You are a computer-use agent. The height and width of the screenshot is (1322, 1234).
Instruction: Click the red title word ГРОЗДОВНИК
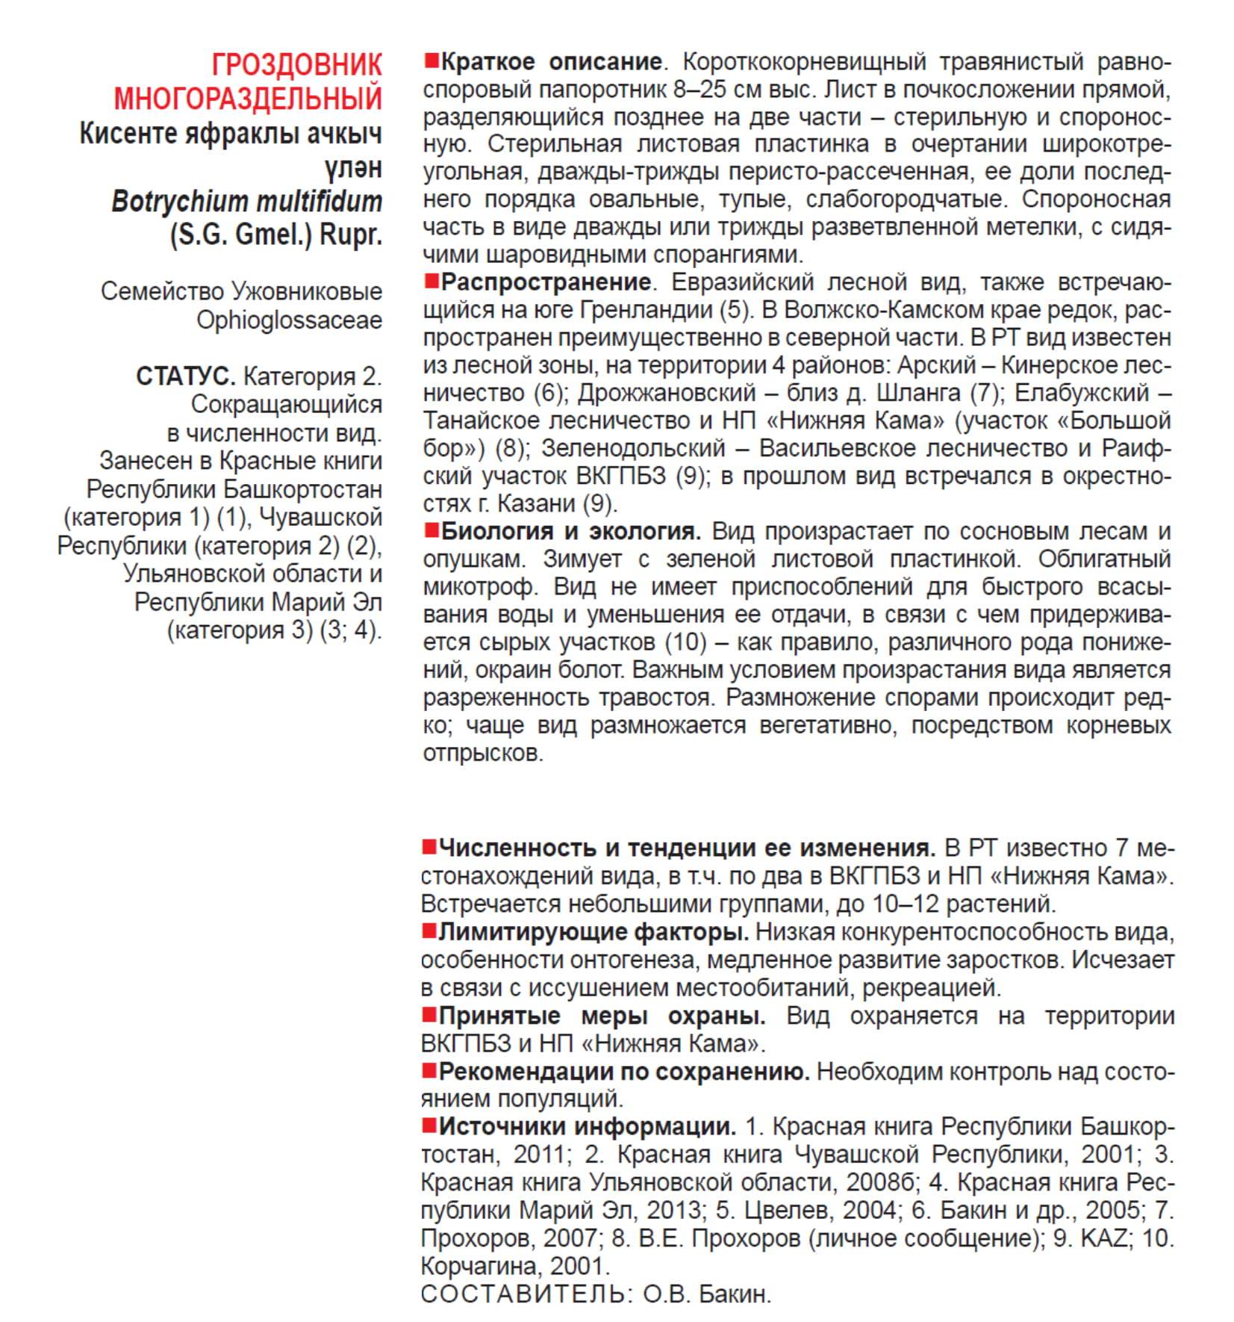pos(296,65)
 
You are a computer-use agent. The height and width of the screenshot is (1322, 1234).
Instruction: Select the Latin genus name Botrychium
pos(179,202)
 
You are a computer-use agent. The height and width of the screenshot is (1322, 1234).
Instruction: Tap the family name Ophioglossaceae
pos(289,320)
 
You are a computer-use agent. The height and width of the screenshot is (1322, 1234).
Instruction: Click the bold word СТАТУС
pos(185,376)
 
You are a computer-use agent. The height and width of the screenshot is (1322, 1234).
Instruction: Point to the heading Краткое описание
pos(551,61)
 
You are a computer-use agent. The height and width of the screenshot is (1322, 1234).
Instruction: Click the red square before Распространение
pos(431,282)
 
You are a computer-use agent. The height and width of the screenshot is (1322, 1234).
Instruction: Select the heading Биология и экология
pos(570,531)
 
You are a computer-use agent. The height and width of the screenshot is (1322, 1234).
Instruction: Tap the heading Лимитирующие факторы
pos(593,931)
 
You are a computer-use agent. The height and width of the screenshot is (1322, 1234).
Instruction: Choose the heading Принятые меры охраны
pos(601,1016)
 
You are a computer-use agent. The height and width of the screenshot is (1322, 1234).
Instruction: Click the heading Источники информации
pos(587,1126)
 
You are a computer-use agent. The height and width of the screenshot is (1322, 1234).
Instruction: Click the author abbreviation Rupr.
pos(351,235)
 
